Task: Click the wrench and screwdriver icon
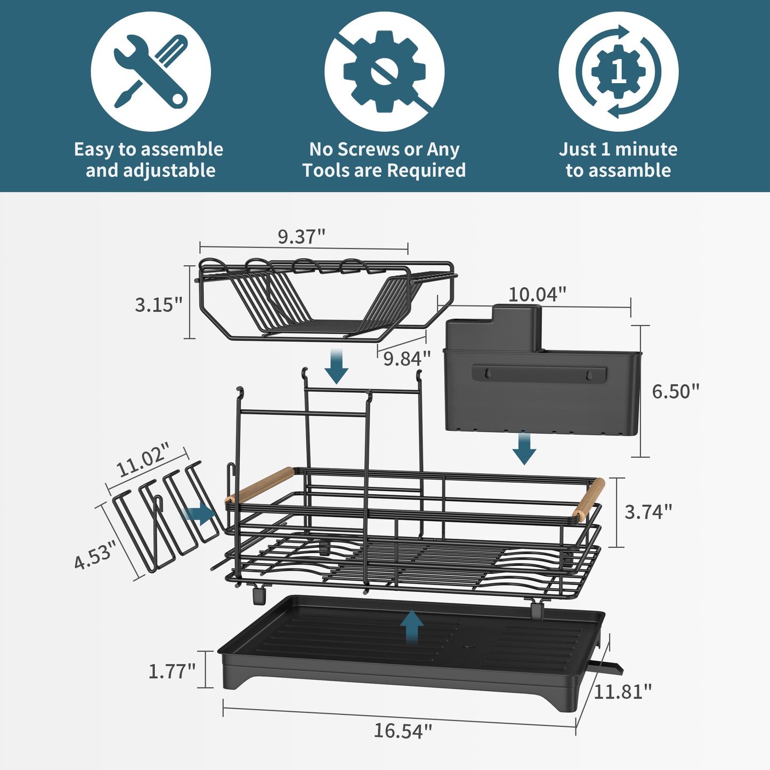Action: (151, 71)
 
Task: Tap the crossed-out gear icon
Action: (384, 71)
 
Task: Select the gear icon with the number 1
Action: (618, 71)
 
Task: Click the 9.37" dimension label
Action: (301, 236)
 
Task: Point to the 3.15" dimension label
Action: (158, 305)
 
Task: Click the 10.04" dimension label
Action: (537, 294)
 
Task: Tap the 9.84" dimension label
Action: (407, 359)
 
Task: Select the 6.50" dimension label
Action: (675, 392)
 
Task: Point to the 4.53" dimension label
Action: (95, 554)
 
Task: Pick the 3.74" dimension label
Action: (648, 512)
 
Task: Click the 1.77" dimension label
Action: (172, 671)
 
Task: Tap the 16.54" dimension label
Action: (402, 731)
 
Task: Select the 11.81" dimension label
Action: (622, 692)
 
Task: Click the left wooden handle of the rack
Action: (260, 484)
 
